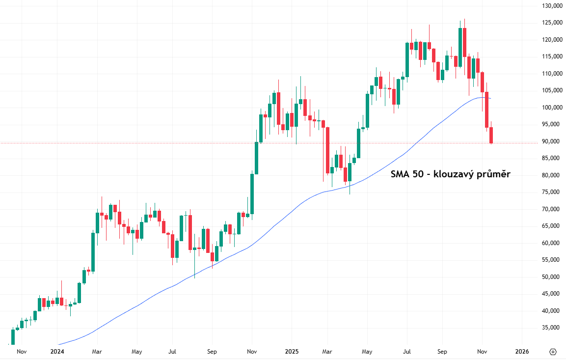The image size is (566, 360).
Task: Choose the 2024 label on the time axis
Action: pyautogui.click(x=57, y=352)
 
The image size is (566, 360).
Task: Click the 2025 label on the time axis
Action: pyautogui.click(x=292, y=352)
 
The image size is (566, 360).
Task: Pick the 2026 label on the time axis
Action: pyautogui.click(x=522, y=352)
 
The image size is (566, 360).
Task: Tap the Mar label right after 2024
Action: pyautogui.click(x=97, y=352)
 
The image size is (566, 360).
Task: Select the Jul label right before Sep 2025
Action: pyautogui.click(x=406, y=352)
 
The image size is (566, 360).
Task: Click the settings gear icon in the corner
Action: pyautogui.click(x=553, y=352)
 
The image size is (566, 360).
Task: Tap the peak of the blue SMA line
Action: pyautogui.click(x=484, y=97)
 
